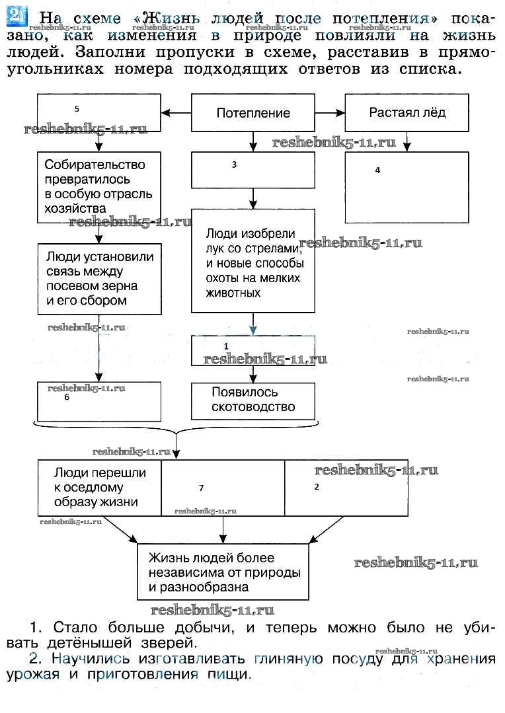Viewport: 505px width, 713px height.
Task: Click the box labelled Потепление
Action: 253,113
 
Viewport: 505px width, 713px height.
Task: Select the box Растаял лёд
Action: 407,112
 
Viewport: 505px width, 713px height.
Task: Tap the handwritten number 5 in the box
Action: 77,108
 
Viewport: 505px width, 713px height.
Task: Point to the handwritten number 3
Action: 234,165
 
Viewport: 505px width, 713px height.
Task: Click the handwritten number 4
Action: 377,170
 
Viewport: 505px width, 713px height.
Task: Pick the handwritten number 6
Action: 66,398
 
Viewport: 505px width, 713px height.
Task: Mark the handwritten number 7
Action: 201,488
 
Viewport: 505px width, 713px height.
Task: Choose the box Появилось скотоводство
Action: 253,400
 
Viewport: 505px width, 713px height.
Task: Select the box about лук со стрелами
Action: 253,260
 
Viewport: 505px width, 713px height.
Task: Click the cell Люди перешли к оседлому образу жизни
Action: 100,488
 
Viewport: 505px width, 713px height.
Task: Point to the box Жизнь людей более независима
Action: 223,572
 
